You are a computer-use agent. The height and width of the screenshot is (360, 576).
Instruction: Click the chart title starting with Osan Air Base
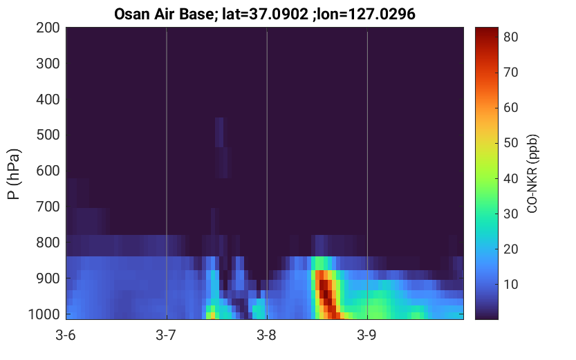point(264,14)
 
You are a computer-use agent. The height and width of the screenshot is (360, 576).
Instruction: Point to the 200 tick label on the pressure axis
point(48,28)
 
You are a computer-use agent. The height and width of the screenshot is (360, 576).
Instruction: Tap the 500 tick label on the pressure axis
point(48,135)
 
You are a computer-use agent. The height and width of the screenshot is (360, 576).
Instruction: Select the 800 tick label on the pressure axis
point(48,243)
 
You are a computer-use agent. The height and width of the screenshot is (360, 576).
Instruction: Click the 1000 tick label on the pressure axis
point(44,314)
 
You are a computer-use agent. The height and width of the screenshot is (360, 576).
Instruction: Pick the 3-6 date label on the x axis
point(66,335)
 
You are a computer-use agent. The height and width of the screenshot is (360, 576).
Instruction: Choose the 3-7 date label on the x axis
point(166,335)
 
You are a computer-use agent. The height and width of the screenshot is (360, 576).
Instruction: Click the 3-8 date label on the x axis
point(267,335)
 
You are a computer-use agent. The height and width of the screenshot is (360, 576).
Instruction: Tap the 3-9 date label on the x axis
point(367,335)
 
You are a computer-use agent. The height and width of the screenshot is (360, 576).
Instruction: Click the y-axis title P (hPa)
point(14,173)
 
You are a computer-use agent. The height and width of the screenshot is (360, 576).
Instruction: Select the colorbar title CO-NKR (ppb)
point(532,173)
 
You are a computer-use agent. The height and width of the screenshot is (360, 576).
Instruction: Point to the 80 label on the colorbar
point(510,37)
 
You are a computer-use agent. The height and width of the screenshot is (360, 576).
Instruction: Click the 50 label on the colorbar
point(510,143)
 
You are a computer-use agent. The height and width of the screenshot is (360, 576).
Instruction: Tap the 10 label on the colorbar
point(510,285)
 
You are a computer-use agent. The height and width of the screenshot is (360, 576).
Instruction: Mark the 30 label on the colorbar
point(510,214)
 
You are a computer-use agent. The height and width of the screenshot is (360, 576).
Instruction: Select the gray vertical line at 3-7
point(167,173)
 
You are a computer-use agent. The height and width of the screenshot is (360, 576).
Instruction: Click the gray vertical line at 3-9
point(367,173)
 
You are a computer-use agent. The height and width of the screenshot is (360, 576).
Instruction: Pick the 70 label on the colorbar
point(510,73)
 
